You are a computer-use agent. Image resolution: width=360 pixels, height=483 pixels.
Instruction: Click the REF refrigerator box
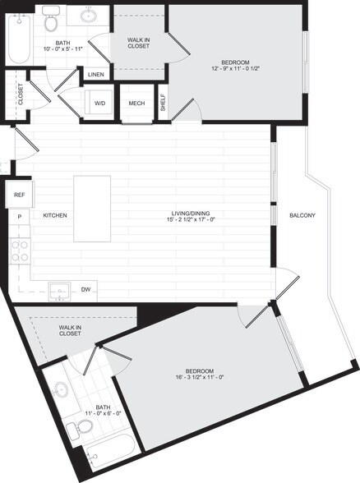click(x=18, y=196)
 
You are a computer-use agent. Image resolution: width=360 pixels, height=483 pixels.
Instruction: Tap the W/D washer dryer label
click(x=100, y=103)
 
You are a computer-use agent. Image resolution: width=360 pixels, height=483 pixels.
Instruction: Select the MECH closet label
click(x=136, y=103)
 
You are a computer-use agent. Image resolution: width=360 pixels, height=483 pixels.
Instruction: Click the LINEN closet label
click(x=95, y=75)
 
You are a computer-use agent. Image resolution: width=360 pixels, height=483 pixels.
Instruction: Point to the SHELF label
click(x=163, y=102)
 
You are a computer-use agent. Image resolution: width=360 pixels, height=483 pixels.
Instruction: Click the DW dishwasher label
click(x=85, y=289)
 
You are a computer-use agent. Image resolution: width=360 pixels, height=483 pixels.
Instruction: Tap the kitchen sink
click(x=58, y=289)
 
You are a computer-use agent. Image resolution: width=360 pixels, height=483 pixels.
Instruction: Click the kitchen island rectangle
click(x=92, y=209)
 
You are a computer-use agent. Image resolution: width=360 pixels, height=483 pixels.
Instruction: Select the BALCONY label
click(x=302, y=215)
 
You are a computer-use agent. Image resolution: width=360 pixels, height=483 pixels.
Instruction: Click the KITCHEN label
click(x=54, y=215)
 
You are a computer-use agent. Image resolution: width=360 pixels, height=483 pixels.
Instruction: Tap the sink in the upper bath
click(x=87, y=16)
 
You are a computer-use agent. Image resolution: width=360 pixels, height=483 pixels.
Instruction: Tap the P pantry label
click(x=18, y=216)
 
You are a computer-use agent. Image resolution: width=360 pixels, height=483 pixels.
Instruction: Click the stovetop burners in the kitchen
click(x=18, y=251)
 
